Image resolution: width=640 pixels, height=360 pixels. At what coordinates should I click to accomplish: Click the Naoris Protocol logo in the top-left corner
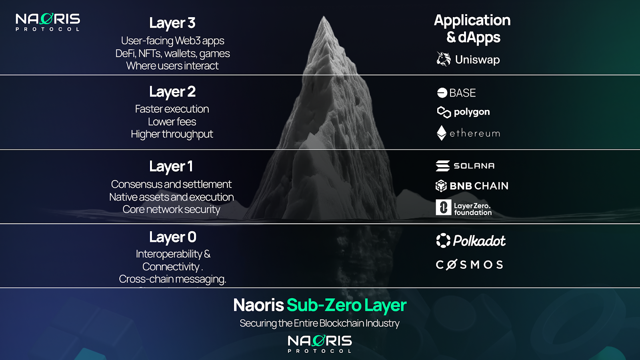pos(48,22)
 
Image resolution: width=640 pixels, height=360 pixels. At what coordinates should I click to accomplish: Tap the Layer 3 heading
pos(172,23)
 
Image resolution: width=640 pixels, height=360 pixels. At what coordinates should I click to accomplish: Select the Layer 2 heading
pos(172,92)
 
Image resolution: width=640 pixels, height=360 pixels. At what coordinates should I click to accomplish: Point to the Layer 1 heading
pos(171,166)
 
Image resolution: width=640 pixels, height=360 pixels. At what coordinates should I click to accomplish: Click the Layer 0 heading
pos(172,237)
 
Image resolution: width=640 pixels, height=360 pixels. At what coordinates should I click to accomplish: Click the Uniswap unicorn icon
pos(443,59)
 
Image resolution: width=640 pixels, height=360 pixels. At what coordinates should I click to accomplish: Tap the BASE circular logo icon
pos(442,93)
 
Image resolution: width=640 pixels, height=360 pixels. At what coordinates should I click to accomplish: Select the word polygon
pos(472,112)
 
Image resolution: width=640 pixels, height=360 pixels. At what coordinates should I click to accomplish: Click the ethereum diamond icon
pos(441,133)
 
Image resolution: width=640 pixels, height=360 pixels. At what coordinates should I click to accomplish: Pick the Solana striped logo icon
pos(443,166)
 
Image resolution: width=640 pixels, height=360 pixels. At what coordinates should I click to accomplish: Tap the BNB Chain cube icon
pos(441,186)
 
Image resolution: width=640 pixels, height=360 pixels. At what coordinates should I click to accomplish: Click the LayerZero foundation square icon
pos(443,207)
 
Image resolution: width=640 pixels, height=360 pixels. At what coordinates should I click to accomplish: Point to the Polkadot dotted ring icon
pos(443,240)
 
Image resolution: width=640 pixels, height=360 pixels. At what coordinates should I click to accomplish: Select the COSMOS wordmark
pos(469,265)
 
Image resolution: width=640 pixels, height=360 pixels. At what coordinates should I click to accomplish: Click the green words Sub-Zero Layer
pos(346,306)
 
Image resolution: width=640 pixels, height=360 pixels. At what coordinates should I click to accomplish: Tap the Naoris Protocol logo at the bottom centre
pos(320,344)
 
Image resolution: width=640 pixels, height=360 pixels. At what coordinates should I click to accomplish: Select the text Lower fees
pos(172,122)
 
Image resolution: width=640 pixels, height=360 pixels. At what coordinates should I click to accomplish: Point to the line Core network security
pos(171,210)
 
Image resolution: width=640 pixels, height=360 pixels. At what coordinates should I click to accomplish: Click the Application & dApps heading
pos(472,29)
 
